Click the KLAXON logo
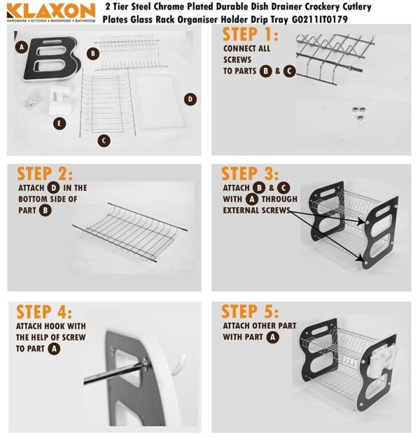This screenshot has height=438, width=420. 50,13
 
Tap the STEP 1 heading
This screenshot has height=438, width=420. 250,34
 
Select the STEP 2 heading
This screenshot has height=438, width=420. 45,174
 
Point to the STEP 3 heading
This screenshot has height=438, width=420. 250,174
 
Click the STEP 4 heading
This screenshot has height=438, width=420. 45,312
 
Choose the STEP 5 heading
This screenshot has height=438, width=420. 250,312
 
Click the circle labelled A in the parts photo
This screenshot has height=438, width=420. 23,48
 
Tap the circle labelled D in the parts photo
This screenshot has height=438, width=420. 190,99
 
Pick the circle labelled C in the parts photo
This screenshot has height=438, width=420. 104,141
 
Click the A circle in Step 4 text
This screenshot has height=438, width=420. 53,348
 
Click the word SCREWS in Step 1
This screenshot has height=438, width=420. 237,60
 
